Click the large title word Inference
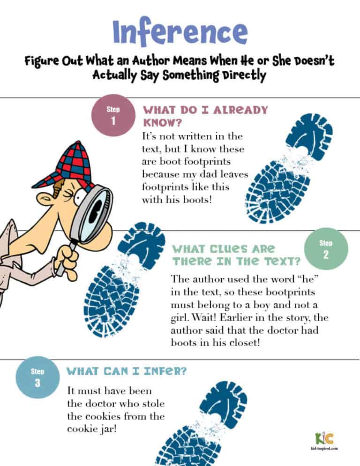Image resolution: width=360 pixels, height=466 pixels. pyautogui.click(x=180, y=31)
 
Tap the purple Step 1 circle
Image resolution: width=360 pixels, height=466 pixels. pyautogui.click(x=113, y=116)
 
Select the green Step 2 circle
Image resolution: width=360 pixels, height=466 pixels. pyautogui.click(x=326, y=249)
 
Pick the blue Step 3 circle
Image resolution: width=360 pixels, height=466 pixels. pyautogui.click(x=37, y=377)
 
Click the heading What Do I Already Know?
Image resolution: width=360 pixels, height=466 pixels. pyautogui.click(x=205, y=116)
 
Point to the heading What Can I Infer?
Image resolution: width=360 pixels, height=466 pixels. pyautogui.click(x=127, y=371)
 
